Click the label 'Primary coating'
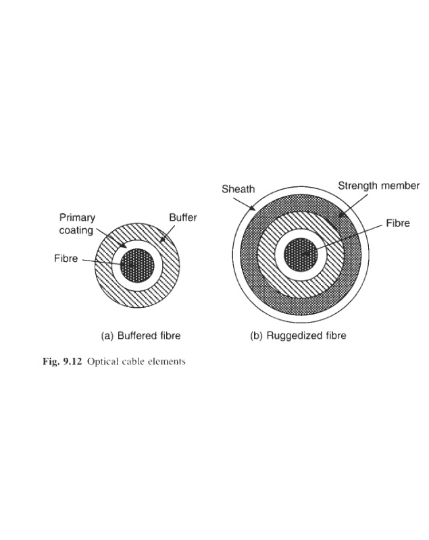pyautogui.click(x=77, y=224)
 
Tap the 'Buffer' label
pyautogui.click(x=182, y=218)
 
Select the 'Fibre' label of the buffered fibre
pyautogui.click(x=66, y=259)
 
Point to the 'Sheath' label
pyautogui.click(x=238, y=190)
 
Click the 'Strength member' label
pyautogui.click(x=378, y=186)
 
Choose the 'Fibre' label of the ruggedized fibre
pyautogui.click(x=398, y=223)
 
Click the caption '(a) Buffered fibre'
pyautogui.click(x=141, y=335)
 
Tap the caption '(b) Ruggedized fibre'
pyautogui.click(x=298, y=335)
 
